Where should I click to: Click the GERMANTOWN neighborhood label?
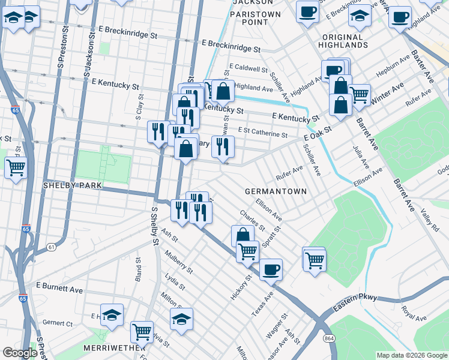point(276,191)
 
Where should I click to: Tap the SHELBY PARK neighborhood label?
point(73,185)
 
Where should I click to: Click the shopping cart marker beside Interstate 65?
point(16,169)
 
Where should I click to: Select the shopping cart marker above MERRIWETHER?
point(142,331)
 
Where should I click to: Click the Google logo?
point(20,353)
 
